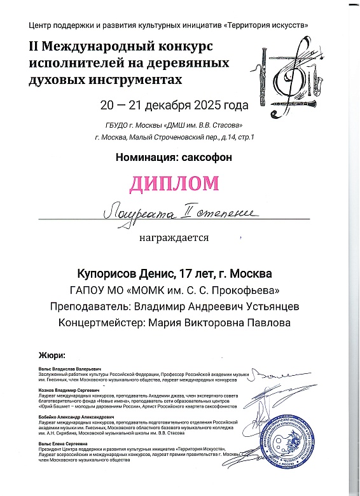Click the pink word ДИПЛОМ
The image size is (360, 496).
click(x=174, y=184)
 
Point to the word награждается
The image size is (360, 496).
click(x=174, y=238)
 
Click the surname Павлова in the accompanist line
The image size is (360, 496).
click(x=267, y=323)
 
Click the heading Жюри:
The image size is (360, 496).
click(x=52, y=356)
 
